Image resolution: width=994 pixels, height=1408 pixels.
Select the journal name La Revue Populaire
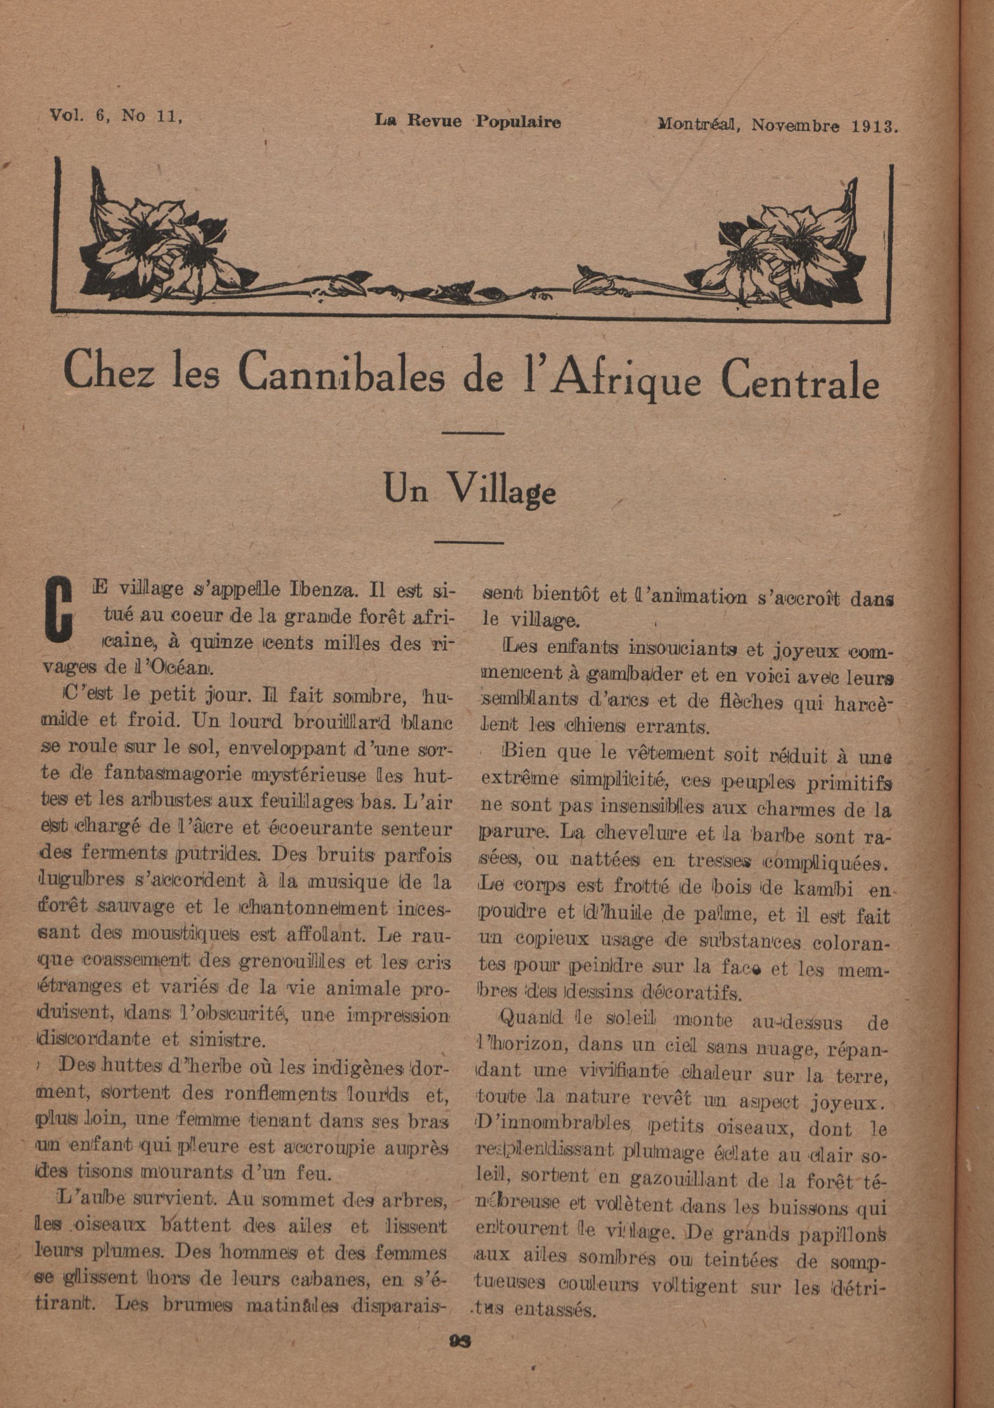(x=467, y=121)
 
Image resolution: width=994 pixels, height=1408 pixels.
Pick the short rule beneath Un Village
(x=469, y=542)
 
